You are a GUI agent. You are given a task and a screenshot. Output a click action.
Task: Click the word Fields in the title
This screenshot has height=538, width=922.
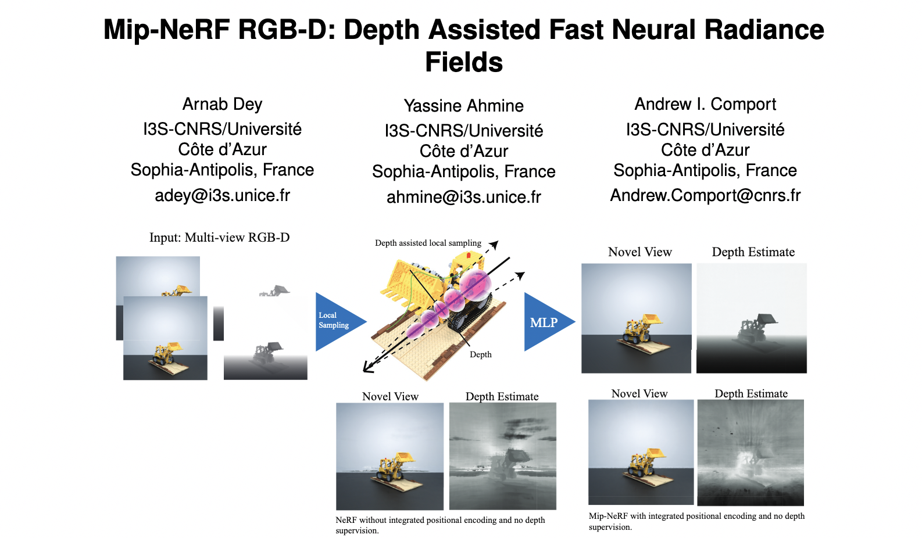463,62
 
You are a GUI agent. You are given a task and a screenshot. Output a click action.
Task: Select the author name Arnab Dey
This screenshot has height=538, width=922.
222,104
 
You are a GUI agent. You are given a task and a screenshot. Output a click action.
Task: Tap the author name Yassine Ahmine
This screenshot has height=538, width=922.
463,106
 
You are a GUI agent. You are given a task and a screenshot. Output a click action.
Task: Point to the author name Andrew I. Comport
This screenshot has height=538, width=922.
705,104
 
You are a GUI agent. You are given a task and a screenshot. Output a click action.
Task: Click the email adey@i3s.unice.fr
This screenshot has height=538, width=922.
222,195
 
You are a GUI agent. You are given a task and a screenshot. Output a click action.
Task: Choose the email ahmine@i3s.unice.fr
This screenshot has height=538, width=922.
463,197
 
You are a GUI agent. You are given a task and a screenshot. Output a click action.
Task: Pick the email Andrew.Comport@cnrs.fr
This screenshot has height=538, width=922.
705,195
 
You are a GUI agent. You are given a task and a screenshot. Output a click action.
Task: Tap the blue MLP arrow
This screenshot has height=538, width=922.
545,322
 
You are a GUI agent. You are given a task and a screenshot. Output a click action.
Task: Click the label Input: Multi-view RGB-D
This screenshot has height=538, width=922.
219,237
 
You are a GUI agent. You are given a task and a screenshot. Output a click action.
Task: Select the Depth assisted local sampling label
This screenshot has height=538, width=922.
428,243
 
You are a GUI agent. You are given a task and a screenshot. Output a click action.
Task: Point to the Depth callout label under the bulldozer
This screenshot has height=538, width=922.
480,354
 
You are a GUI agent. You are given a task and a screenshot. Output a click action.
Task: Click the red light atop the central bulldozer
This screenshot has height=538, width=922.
468,255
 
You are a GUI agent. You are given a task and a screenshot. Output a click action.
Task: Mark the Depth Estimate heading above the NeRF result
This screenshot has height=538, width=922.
502,396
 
